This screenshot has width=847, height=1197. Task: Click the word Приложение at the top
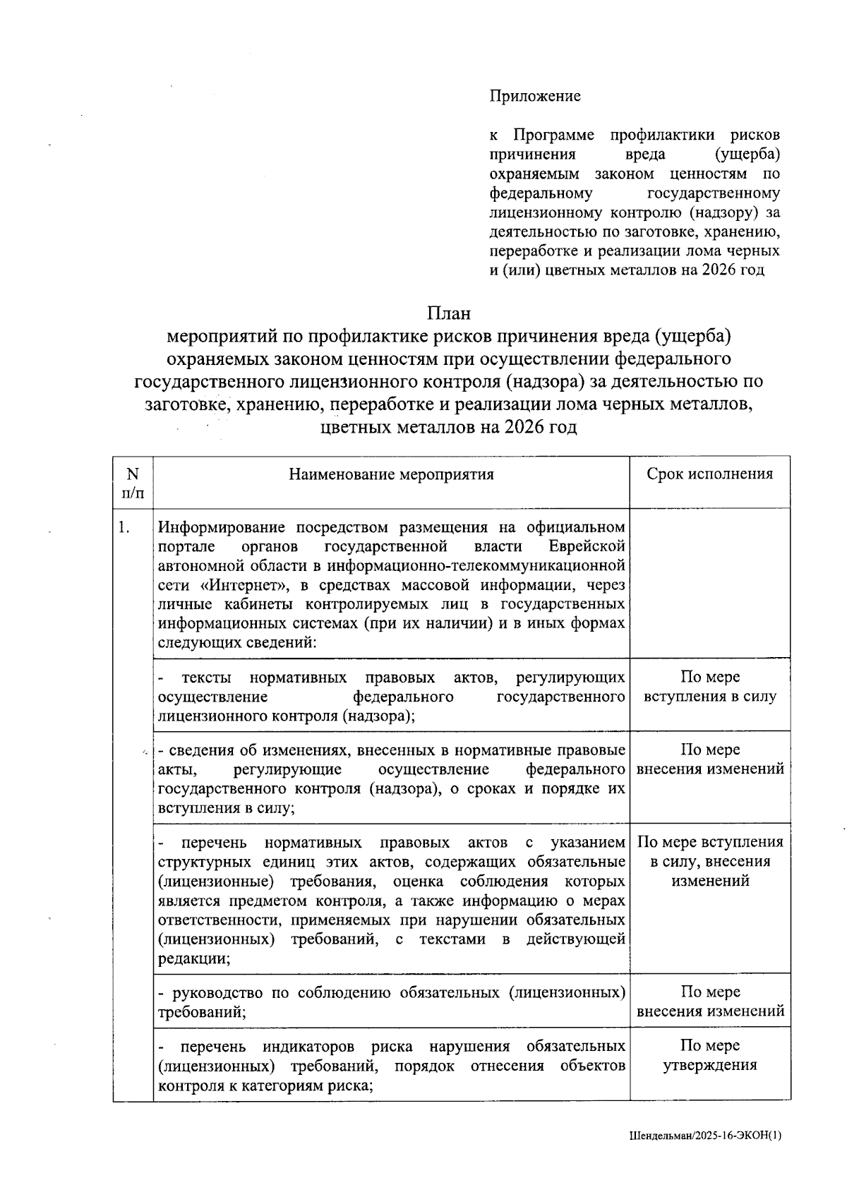click(535, 96)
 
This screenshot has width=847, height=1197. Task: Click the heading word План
click(448, 313)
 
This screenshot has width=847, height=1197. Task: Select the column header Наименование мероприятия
click(391, 474)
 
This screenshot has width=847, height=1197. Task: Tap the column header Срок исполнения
click(709, 474)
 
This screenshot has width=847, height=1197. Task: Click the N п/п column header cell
click(133, 483)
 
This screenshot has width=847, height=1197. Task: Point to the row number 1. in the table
click(124, 528)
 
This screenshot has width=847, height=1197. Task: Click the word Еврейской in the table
click(587, 547)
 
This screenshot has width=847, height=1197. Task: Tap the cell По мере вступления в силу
click(709, 687)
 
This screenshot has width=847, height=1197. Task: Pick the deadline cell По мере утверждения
click(709, 1055)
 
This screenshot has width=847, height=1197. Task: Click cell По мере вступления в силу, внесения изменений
click(709, 861)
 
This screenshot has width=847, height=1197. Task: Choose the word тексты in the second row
click(207, 678)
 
